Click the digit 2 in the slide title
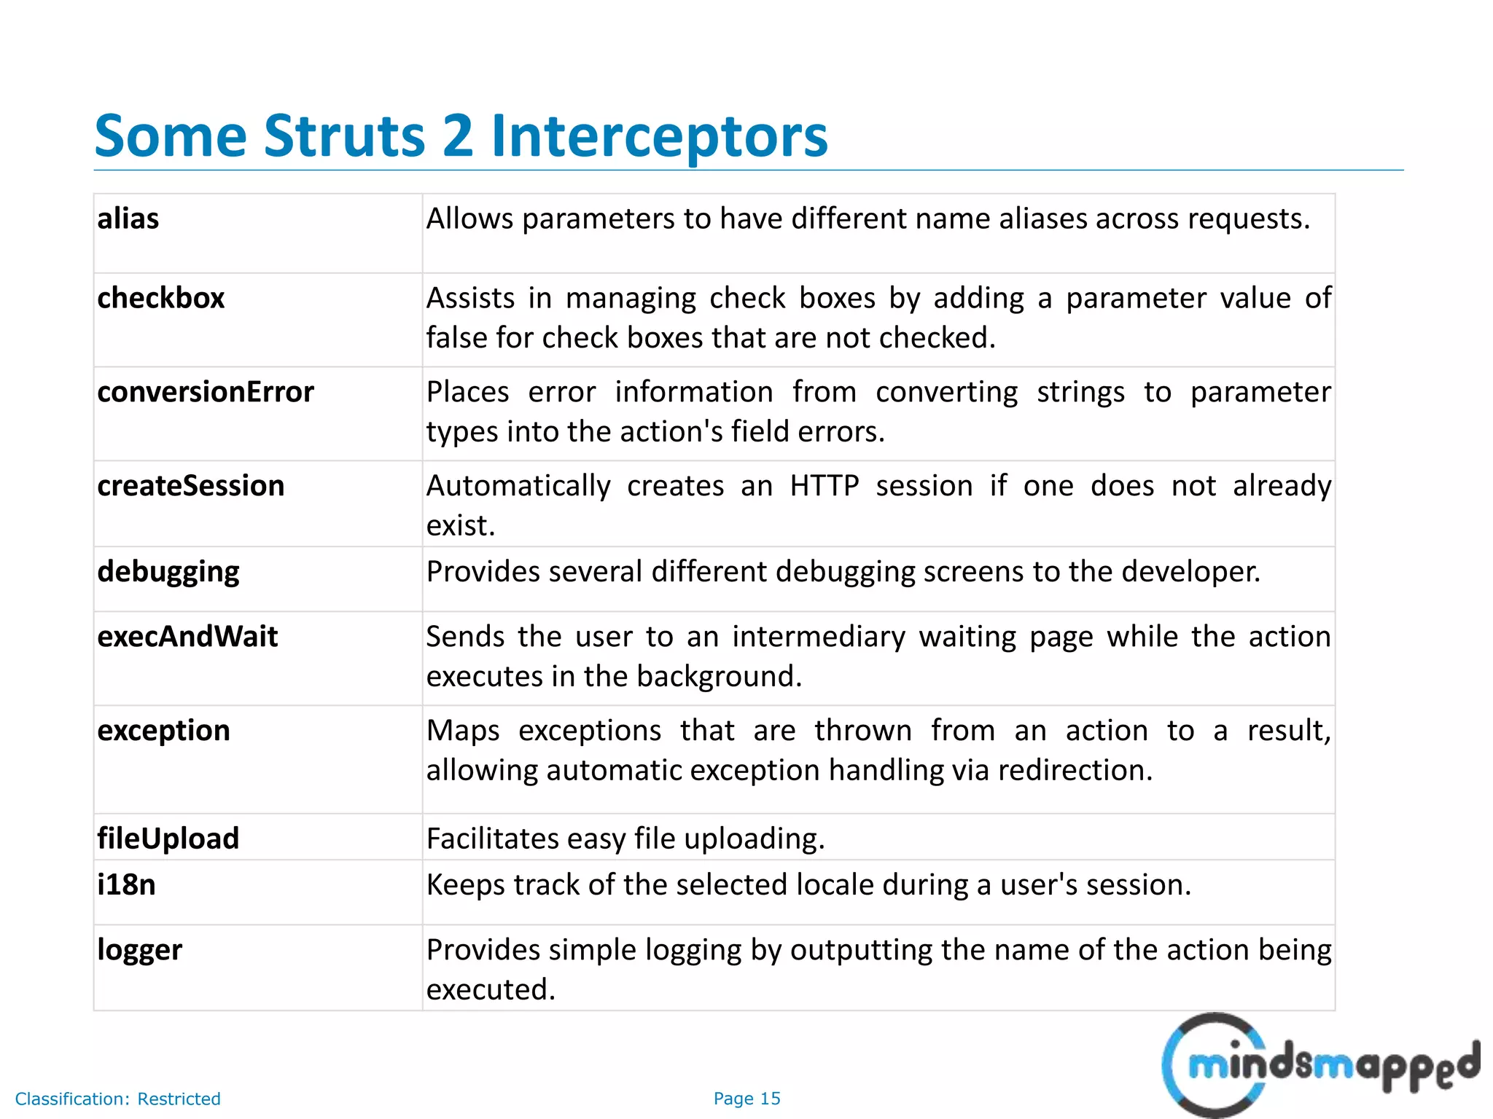pyautogui.click(x=457, y=136)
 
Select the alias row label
pyautogui.click(x=128, y=219)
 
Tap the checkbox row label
pyautogui.click(x=161, y=298)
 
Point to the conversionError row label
pyautogui.click(x=206, y=392)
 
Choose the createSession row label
pyautogui.click(x=191, y=486)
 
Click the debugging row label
pyautogui.click(x=168, y=572)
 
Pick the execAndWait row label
pyautogui.click(x=187, y=637)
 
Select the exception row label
pyautogui.click(x=164, y=731)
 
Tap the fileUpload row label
pyautogui.click(x=168, y=839)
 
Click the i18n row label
pyautogui.click(x=127, y=884)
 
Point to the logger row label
pyautogui.click(x=140, y=950)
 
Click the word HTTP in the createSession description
pyautogui.click(x=824, y=486)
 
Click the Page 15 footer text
pyautogui.click(x=746, y=1099)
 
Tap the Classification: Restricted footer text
pyautogui.click(x=118, y=1099)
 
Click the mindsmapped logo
pyautogui.click(x=1319, y=1067)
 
